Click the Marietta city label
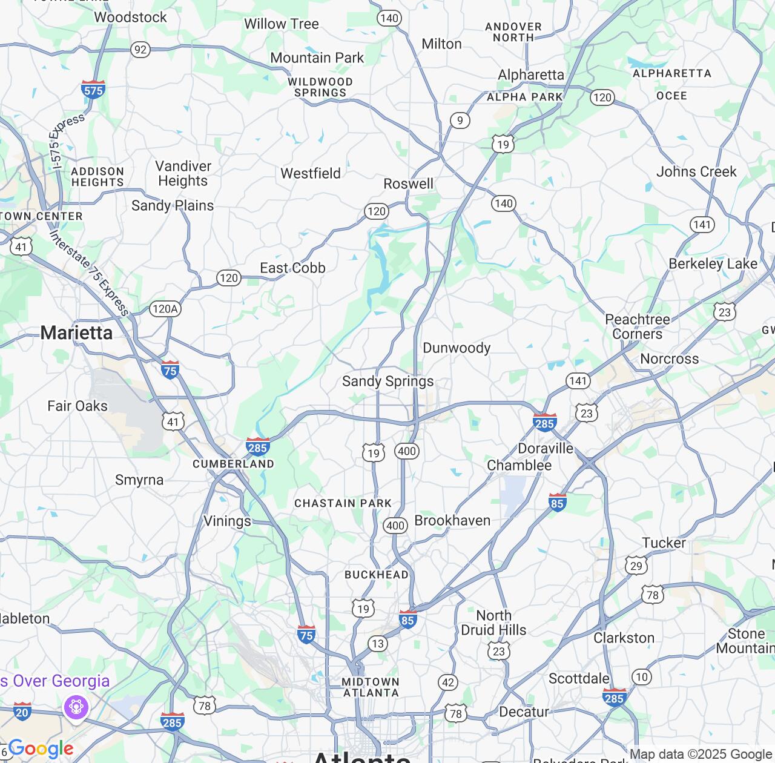point(76,332)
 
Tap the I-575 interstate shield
point(93,89)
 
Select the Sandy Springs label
point(387,381)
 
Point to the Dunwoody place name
point(457,348)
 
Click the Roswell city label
point(409,183)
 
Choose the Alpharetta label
point(531,74)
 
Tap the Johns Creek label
point(696,171)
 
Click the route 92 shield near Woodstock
point(140,49)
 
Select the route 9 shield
point(460,121)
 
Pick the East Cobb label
point(292,268)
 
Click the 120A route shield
point(165,309)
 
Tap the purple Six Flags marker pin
point(76,707)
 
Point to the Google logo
point(41,749)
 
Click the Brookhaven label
point(452,520)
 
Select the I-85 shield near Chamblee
point(558,502)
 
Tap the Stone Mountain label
point(745,641)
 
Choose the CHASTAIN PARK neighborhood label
point(343,503)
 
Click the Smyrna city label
point(139,480)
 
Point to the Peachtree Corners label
point(638,326)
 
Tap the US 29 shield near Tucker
point(636,566)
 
